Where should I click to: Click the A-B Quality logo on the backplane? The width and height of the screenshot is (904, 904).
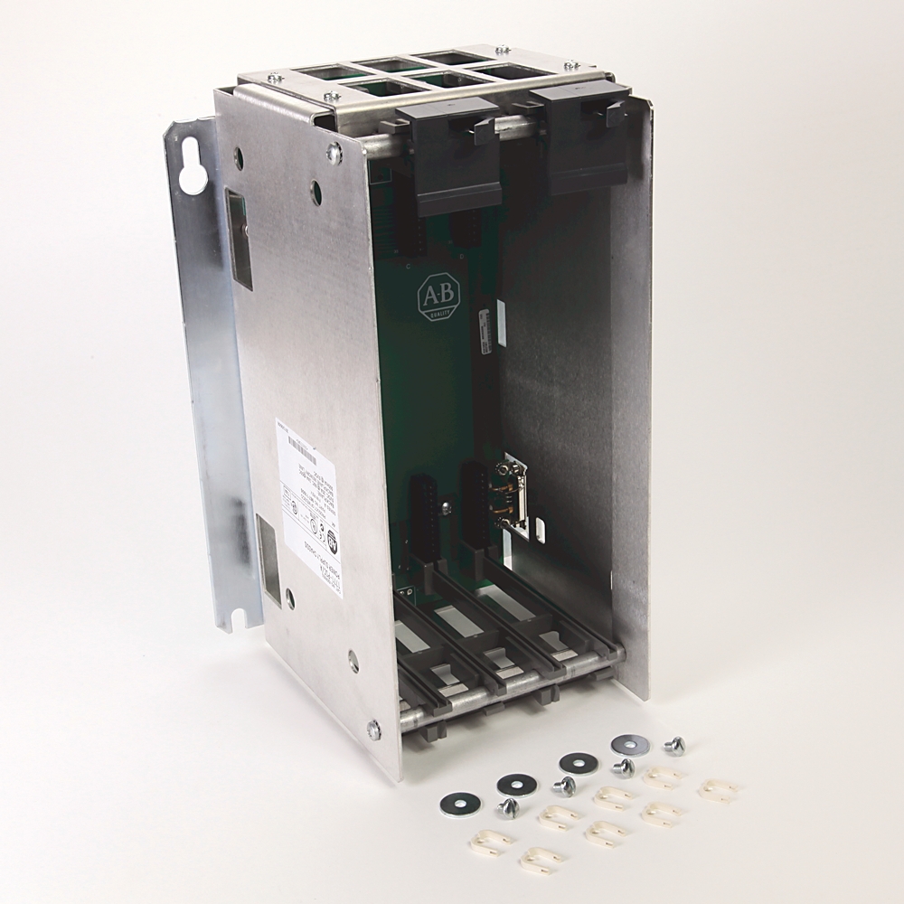coord(438,297)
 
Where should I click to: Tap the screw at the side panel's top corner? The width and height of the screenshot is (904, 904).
coord(334,154)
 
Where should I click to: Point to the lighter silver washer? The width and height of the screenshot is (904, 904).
coord(630,744)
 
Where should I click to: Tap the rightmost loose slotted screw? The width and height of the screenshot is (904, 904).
coord(673,745)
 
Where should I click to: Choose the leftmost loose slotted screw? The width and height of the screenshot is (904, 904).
coord(509,807)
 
